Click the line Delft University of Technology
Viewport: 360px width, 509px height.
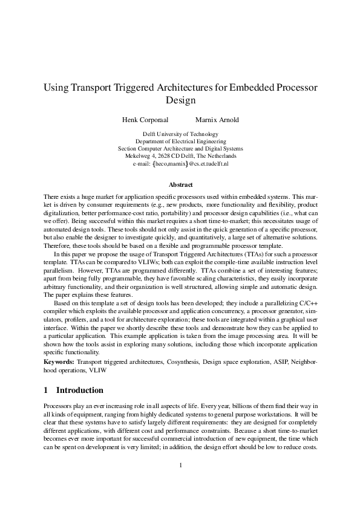point(180,134)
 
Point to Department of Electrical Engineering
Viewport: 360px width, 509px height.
point(180,141)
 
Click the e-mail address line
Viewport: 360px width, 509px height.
point(180,163)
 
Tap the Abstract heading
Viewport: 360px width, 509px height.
point(180,184)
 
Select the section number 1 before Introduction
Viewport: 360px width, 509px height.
point(47,390)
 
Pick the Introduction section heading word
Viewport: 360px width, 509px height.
point(80,390)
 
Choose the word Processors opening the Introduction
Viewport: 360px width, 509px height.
point(59,404)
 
